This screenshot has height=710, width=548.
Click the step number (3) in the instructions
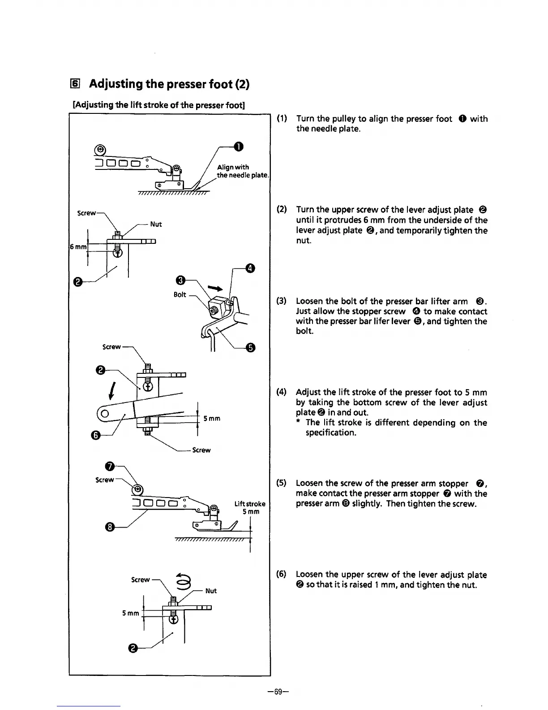point(282,301)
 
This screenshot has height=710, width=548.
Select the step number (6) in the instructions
point(282,575)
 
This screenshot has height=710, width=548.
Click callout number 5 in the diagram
point(251,348)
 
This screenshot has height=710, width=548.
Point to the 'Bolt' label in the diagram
point(180,294)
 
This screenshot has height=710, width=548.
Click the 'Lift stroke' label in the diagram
point(250,504)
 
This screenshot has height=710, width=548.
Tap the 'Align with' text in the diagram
point(233,167)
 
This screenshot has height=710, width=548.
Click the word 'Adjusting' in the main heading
point(118,84)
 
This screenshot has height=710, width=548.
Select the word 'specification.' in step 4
point(331,433)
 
